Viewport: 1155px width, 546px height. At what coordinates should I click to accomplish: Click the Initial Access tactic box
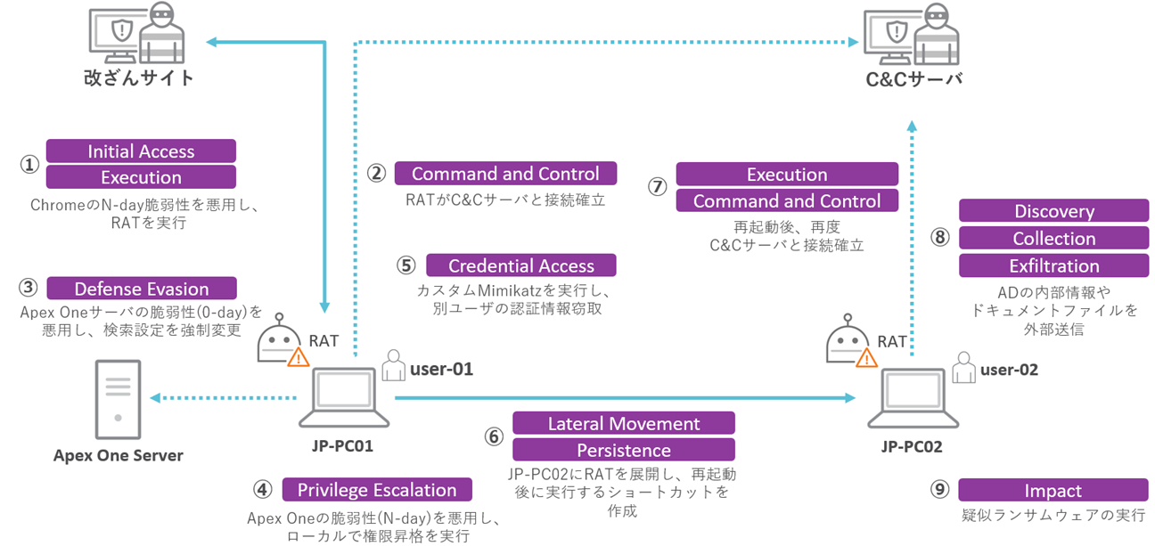[x=141, y=151]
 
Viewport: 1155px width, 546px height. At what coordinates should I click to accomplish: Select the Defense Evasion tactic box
[x=141, y=289]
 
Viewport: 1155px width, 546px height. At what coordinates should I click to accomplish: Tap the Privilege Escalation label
[x=377, y=490]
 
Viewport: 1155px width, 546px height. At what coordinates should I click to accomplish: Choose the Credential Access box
[x=520, y=265]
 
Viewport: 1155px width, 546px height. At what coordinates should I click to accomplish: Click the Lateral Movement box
[x=623, y=423]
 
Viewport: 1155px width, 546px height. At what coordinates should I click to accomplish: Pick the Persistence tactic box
[x=623, y=450]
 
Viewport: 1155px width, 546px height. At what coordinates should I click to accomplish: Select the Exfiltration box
[x=1053, y=265]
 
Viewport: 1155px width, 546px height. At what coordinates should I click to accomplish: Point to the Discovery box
[x=1053, y=211]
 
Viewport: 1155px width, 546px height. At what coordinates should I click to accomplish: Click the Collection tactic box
[x=1053, y=239]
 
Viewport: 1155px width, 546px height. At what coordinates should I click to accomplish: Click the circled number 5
[x=406, y=265]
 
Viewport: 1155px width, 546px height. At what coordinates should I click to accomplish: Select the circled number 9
[x=939, y=491]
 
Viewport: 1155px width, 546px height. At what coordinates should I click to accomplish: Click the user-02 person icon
[x=963, y=368]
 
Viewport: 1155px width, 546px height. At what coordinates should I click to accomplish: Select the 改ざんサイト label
[x=138, y=77]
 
